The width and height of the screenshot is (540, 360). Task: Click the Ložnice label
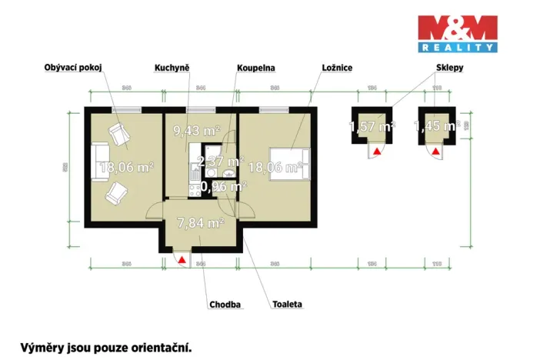pos(336,68)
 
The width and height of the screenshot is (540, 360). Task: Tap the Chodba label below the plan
pos(225,305)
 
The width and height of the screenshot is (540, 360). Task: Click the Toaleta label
pos(286,305)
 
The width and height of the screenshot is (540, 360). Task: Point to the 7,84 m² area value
pos(199,222)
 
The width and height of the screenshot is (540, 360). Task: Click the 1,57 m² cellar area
pos(372,126)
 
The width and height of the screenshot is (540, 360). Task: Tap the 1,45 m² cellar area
pos(436,126)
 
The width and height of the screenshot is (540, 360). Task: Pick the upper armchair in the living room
pos(119,135)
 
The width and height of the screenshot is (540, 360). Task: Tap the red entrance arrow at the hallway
pos(182,260)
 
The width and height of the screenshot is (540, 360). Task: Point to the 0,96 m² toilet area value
pos(223,186)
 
